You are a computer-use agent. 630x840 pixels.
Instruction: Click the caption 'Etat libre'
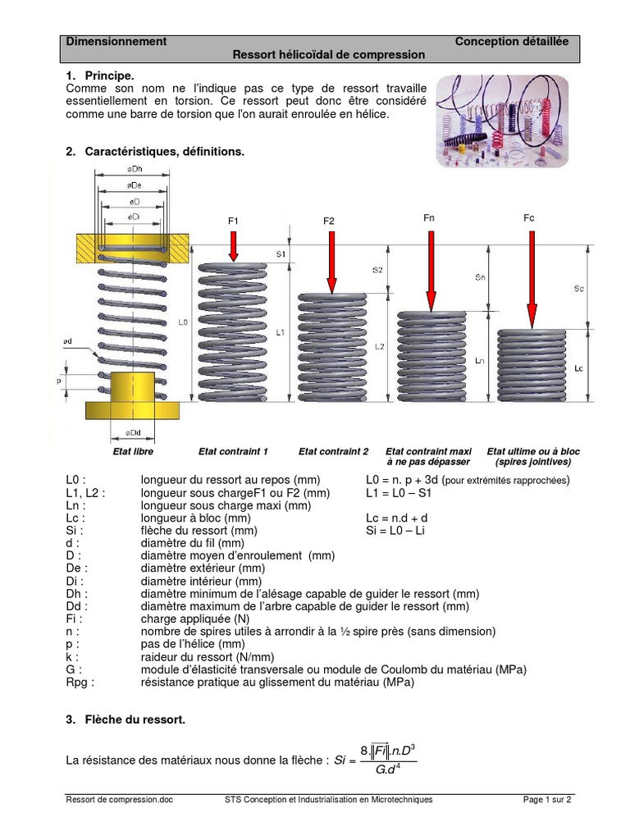pos(133,452)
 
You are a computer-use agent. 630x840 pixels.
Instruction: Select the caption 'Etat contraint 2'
pos(333,452)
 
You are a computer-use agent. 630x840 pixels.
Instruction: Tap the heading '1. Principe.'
pos(99,75)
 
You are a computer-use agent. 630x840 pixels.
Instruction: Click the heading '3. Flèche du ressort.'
pos(126,719)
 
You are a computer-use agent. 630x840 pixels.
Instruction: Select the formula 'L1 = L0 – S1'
pos(399,494)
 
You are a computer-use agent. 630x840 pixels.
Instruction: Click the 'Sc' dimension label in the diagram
pos(578,289)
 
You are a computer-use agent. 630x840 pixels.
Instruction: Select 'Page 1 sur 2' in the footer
pos(547,800)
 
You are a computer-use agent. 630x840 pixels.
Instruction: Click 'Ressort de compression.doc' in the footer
pos(120,800)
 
